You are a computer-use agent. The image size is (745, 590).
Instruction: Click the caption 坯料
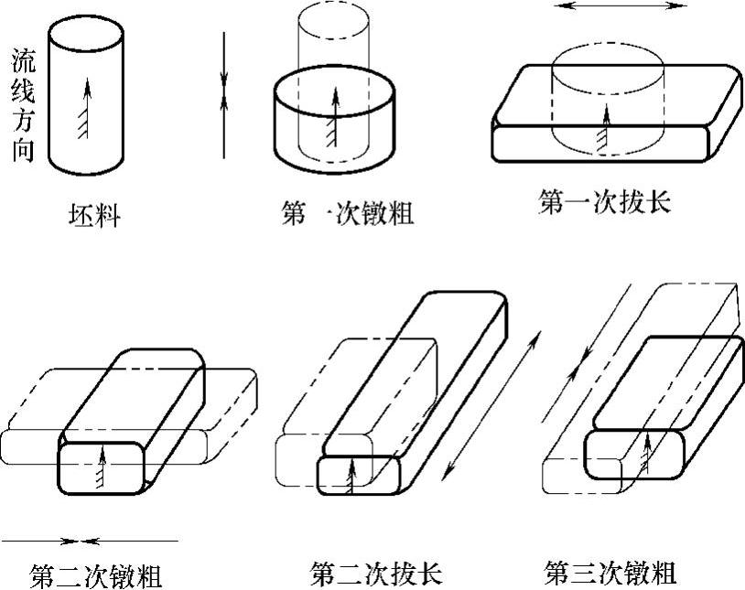(x=94, y=217)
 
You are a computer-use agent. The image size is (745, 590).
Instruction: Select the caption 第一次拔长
(x=605, y=202)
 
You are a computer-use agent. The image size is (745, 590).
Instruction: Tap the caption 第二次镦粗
(x=96, y=577)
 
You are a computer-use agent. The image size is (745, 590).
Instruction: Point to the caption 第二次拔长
(x=376, y=574)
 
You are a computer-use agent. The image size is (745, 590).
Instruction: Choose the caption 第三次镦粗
(x=610, y=574)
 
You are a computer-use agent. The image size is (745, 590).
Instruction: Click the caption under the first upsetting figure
(x=344, y=216)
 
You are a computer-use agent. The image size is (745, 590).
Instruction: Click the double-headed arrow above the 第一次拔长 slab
(x=621, y=6)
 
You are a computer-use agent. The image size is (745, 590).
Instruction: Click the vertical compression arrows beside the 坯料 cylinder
(x=223, y=92)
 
